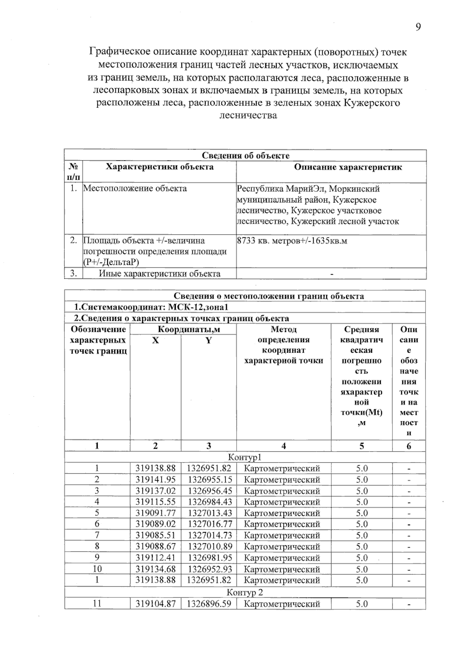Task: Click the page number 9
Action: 418,27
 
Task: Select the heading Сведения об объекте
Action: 245,155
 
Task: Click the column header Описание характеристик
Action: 348,167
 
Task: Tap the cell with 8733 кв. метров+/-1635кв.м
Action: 292,240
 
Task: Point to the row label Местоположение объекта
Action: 135,188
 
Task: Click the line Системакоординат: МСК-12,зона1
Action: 151,307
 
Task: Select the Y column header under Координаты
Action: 208,340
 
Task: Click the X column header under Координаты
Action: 155,340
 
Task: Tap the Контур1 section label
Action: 245,457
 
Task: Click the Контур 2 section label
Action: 245,592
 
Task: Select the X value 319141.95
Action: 155,479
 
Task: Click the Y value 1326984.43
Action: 209,502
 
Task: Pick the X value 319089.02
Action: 155,524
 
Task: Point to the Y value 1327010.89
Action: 209,546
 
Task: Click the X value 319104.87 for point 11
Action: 155,604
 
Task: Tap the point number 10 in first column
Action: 97,569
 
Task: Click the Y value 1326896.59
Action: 209,604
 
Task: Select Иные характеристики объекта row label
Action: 159,273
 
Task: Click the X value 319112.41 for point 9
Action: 155,557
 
